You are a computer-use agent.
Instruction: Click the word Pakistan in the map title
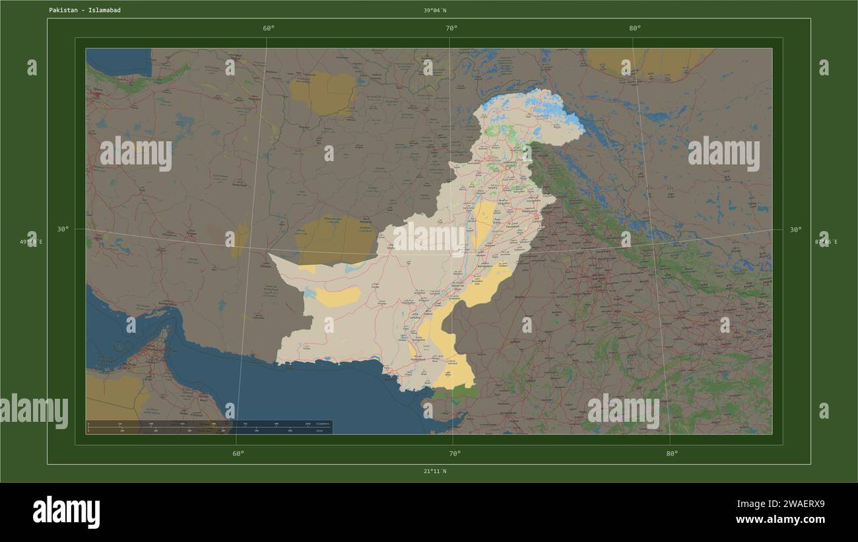62,11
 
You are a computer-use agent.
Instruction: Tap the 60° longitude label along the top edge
269,28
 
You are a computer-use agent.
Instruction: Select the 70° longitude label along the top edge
451,28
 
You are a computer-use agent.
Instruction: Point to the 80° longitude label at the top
635,28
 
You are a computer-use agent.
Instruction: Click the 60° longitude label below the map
238,454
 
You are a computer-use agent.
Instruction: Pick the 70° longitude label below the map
455,454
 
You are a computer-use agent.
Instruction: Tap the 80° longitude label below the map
672,454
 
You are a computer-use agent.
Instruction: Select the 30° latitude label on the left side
63,229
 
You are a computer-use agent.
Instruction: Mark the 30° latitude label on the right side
796,229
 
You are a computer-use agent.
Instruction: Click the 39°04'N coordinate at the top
435,11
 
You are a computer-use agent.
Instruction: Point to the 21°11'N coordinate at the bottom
435,471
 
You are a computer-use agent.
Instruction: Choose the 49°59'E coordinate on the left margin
31,242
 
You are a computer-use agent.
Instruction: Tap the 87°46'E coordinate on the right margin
826,242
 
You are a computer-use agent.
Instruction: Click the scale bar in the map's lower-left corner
209,426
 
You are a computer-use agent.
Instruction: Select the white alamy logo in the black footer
66,512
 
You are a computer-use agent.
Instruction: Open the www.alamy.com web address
780,520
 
